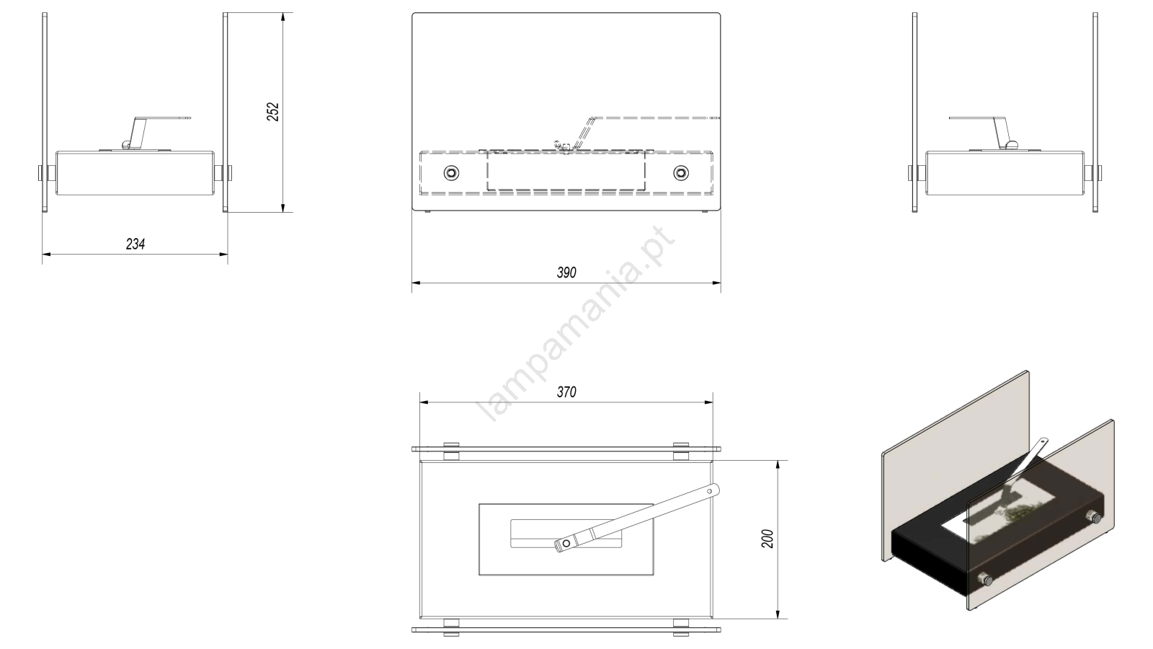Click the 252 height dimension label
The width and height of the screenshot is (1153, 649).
tap(273, 112)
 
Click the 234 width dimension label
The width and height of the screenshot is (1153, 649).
tap(135, 244)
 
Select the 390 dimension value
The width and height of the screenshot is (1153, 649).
tap(566, 273)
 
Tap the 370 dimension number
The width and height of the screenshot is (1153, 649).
tap(566, 392)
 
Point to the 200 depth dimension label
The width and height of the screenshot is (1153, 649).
tap(767, 539)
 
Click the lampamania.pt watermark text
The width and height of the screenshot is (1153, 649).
tap(576, 324)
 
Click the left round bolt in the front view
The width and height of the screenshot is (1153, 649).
tap(451, 173)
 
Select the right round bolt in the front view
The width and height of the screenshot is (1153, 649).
tap(681, 173)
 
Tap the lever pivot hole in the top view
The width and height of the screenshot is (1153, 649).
tap(566, 544)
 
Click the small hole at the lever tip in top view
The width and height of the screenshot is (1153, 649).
tap(710, 491)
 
